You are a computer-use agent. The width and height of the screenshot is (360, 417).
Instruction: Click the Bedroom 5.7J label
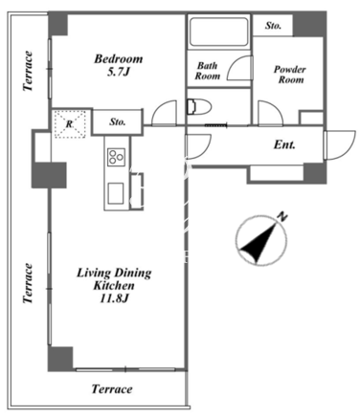tap(119, 66)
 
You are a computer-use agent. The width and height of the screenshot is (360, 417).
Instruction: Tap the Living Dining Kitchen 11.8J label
tap(114, 286)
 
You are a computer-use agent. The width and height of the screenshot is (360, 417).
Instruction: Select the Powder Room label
tap(290, 75)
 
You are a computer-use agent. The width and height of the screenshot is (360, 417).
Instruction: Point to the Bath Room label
tap(208, 71)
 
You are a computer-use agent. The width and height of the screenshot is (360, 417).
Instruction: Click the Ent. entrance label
tap(284, 145)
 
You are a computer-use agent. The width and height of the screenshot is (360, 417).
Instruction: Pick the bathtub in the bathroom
tap(218, 32)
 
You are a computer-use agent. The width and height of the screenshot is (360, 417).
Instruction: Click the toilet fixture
tap(198, 106)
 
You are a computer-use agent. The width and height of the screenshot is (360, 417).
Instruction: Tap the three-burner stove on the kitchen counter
tap(116, 157)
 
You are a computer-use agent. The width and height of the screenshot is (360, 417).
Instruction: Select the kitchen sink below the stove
tap(116, 194)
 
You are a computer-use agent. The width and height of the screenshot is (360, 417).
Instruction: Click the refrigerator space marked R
tap(70, 124)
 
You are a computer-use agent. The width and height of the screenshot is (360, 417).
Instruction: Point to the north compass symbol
tap(261, 240)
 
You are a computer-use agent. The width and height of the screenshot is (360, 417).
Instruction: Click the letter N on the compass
tap(282, 217)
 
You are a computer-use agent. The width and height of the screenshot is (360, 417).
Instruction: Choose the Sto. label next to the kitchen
tap(118, 121)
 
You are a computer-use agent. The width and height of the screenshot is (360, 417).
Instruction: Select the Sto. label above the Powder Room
tap(273, 26)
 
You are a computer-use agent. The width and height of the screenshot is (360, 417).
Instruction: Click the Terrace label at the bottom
tap(112, 389)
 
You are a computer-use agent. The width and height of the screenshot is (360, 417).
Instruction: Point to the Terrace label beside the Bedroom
tap(28, 71)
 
